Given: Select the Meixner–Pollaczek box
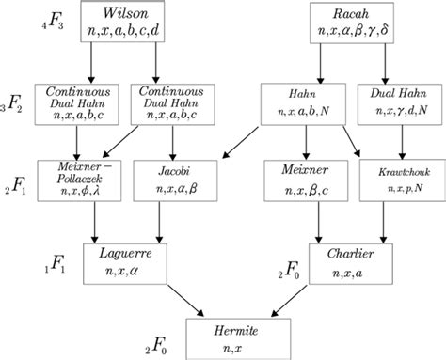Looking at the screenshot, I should (70, 179).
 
